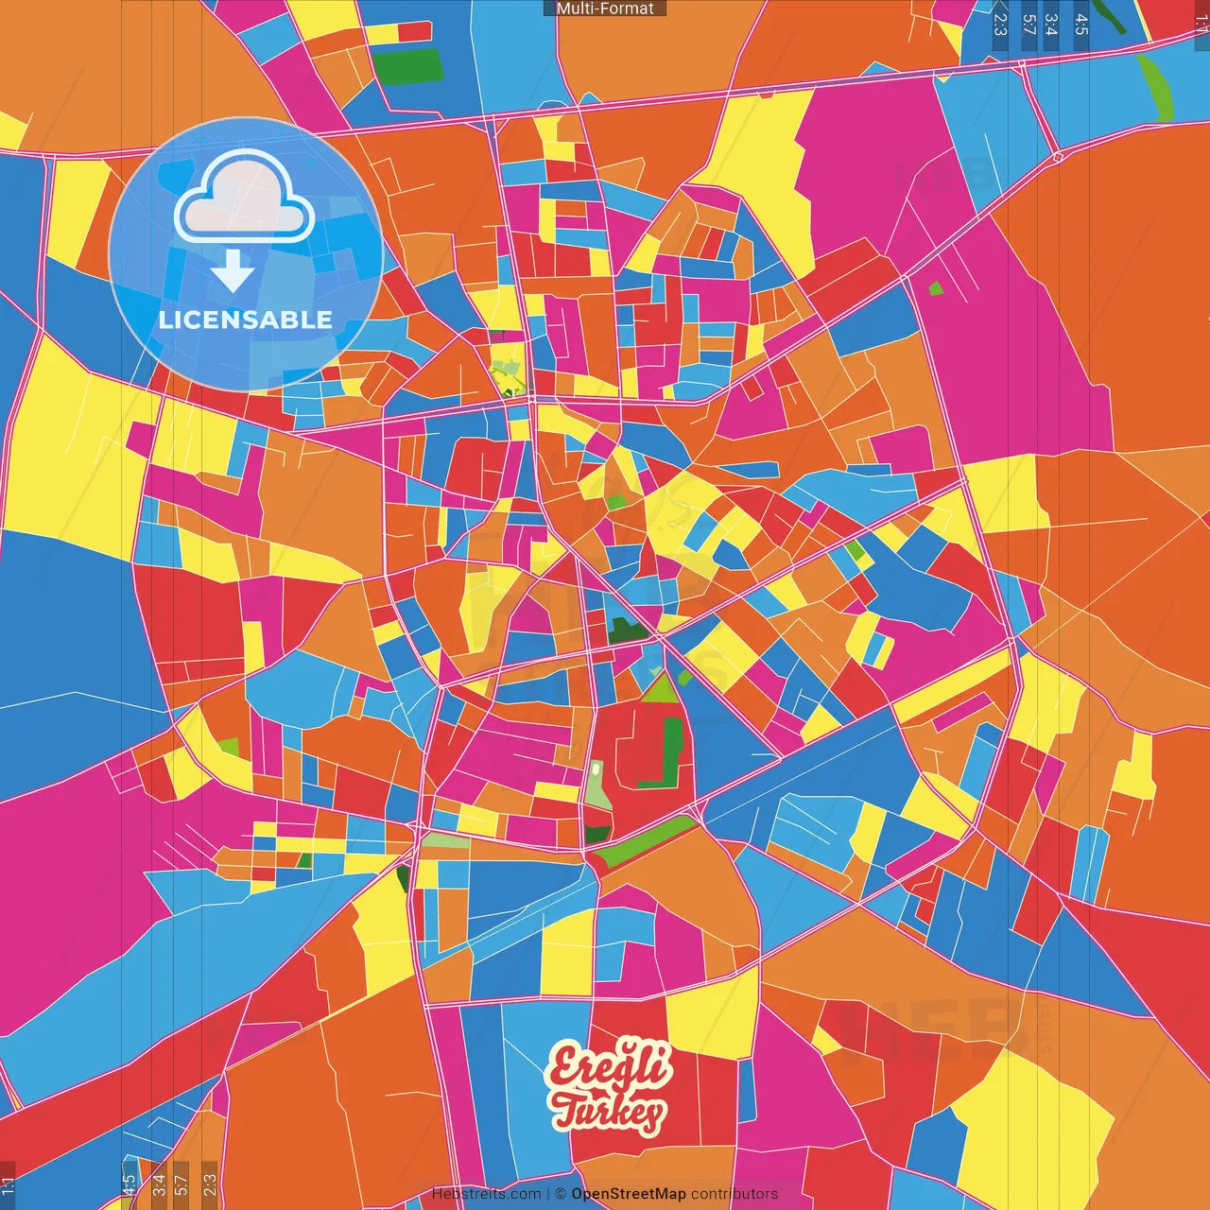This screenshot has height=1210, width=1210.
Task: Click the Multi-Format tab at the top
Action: point(605,9)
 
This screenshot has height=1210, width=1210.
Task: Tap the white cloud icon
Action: point(245,198)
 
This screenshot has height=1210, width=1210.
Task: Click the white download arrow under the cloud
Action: point(233,271)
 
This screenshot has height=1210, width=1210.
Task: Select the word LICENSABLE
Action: point(246,320)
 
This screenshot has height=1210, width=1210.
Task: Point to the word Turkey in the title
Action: point(610,1112)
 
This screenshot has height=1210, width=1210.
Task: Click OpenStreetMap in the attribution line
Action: point(629,1194)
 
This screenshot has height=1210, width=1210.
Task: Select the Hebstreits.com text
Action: point(486,1194)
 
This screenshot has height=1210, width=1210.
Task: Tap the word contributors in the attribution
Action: point(735,1194)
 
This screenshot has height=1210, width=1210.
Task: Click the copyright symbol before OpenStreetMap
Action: point(561,1194)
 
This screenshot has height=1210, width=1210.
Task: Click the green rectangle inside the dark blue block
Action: point(407,66)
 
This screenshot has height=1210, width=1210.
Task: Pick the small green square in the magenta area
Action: point(936,288)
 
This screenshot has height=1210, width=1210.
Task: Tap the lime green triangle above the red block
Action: point(661,690)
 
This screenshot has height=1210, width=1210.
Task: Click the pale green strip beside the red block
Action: point(596,785)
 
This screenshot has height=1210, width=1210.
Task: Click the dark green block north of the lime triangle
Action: point(626,631)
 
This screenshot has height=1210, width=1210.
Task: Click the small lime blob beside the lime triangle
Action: point(684,677)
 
